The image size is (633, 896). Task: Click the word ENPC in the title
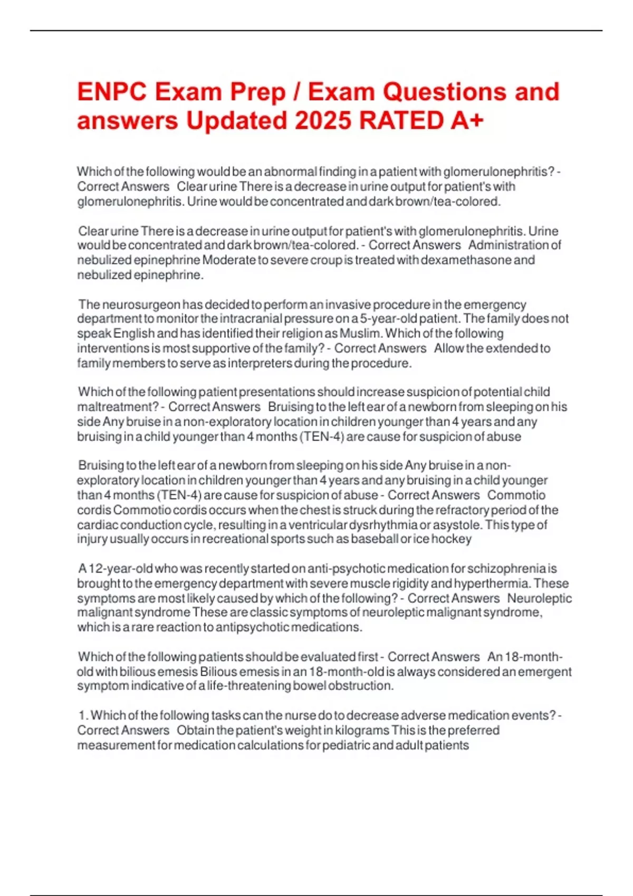tap(112, 92)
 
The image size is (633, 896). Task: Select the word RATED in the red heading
tap(401, 121)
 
